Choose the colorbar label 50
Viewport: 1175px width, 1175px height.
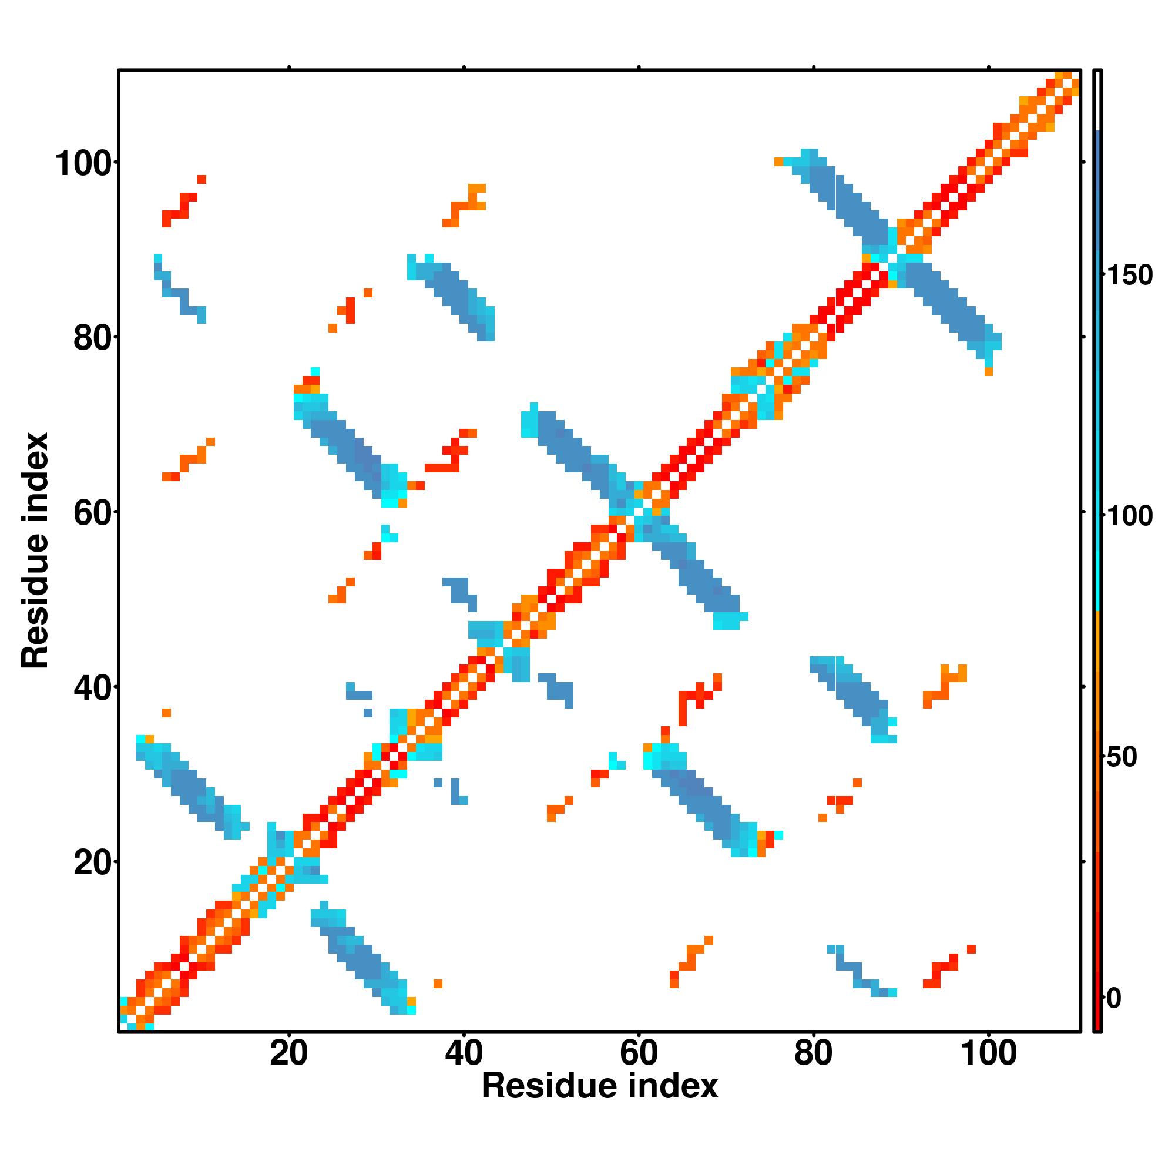tap(1122, 757)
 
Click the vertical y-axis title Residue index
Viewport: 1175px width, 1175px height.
tap(35, 550)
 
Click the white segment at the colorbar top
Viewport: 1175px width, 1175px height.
tap(1098, 100)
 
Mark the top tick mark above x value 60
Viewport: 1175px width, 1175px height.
tap(639, 67)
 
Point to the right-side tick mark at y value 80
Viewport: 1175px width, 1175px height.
tap(1085, 337)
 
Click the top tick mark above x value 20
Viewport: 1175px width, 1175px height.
tap(289, 67)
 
